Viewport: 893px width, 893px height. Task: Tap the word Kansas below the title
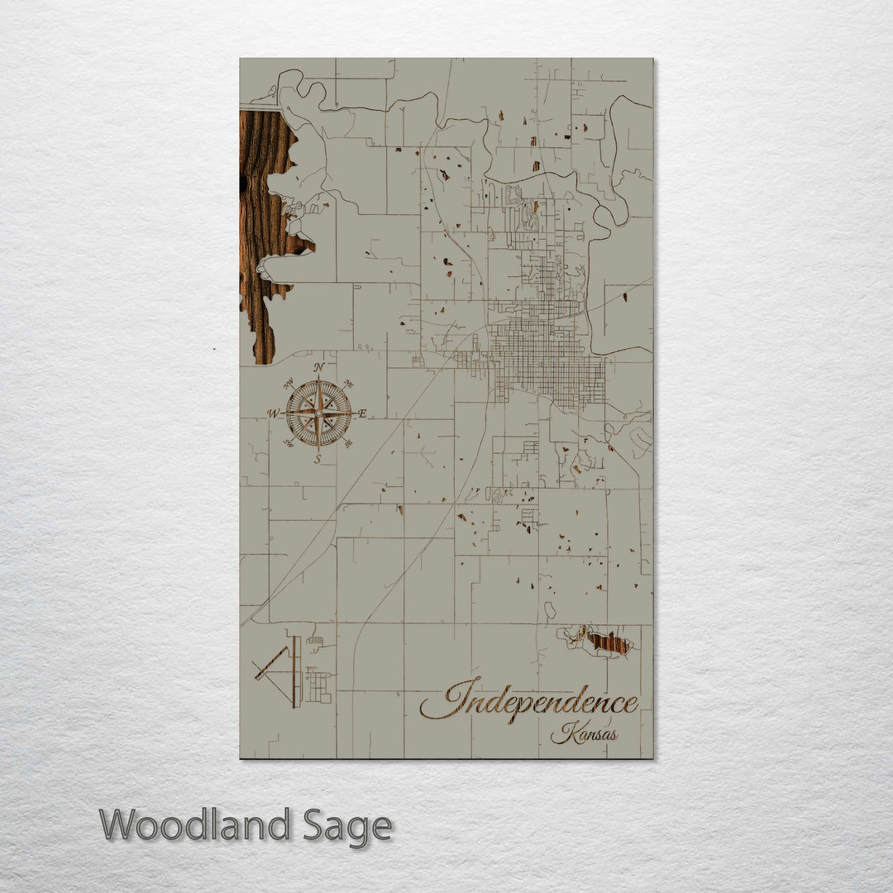585,733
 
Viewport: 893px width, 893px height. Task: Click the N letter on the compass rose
319,368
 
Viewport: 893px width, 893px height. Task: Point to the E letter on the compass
362,413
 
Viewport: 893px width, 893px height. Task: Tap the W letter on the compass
273,413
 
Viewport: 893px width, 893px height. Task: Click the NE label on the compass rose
349,384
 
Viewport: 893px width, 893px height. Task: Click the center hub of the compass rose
318,412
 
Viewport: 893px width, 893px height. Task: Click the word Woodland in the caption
194,825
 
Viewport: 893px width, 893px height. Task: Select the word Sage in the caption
346,825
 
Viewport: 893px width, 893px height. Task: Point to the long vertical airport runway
295,671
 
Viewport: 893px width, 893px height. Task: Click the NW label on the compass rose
289,384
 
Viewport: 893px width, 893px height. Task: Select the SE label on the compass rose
348,443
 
